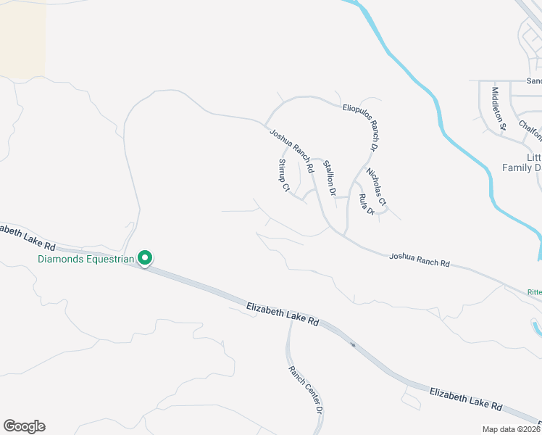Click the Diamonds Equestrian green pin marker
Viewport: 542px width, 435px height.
(145, 257)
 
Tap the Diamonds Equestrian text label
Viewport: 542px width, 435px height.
(86, 259)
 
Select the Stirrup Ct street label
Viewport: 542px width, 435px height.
(283, 175)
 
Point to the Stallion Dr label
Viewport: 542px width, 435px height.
(330, 178)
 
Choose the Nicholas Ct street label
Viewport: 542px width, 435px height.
(377, 186)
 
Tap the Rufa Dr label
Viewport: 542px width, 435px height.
(366, 204)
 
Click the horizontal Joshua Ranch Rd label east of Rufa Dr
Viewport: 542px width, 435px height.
(419, 260)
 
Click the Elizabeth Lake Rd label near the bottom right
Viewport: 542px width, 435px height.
(466, 399)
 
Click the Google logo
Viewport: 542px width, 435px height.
(24, 426)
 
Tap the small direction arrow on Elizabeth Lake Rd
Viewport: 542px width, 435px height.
(353, 344)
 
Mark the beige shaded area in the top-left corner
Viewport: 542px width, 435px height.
(22, 36)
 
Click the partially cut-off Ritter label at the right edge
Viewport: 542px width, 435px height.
(534, 291)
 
